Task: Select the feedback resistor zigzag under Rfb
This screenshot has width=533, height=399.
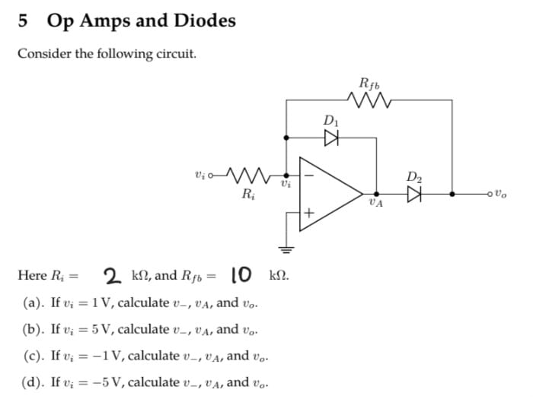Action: tap(369, 99)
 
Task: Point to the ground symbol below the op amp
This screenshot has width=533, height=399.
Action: tap(287, 248)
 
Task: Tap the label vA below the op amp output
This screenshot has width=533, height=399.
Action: tap(375, 204)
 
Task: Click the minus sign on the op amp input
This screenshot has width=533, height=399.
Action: tap(309, 171)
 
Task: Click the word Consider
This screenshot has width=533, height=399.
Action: tap(43, 54)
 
